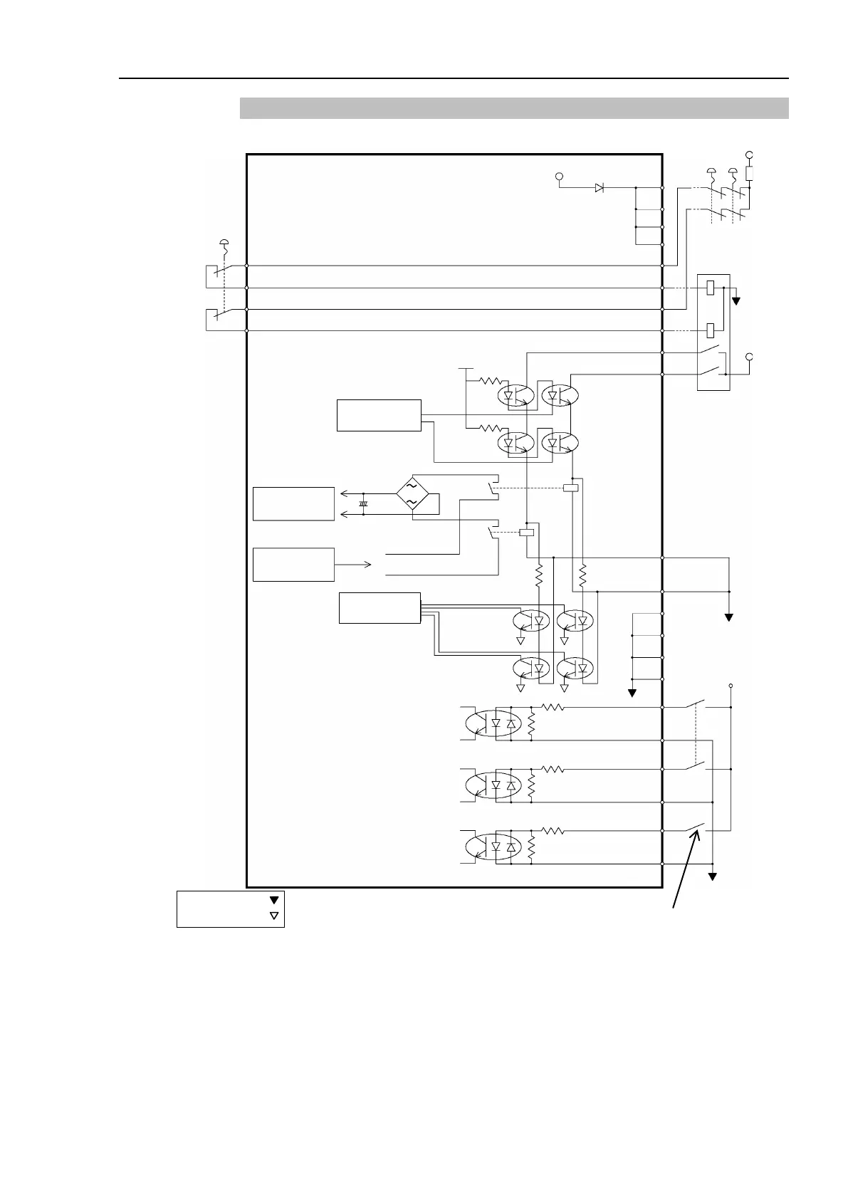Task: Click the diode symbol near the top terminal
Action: click(x=600, y=188)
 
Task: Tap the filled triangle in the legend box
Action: click(x=274, y=901)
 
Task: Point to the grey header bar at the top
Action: click(x=514, y=108)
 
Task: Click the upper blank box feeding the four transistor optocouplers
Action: click(x=379, y=415)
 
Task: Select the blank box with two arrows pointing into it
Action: click(x=293, y=504)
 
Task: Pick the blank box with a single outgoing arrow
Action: click(x=293, y=565)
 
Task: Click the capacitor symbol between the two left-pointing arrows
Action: click(x=363, y=503)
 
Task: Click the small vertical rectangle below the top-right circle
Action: click(x=749, y=173)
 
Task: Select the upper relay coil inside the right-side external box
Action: click(x=711, y=288)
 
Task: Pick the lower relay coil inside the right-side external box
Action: click(x=711, y=330)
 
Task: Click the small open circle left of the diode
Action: click(x=559, y=175)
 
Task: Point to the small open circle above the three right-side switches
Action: click(x=731, y=686)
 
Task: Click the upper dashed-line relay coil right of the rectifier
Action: click(x=570, y=488)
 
